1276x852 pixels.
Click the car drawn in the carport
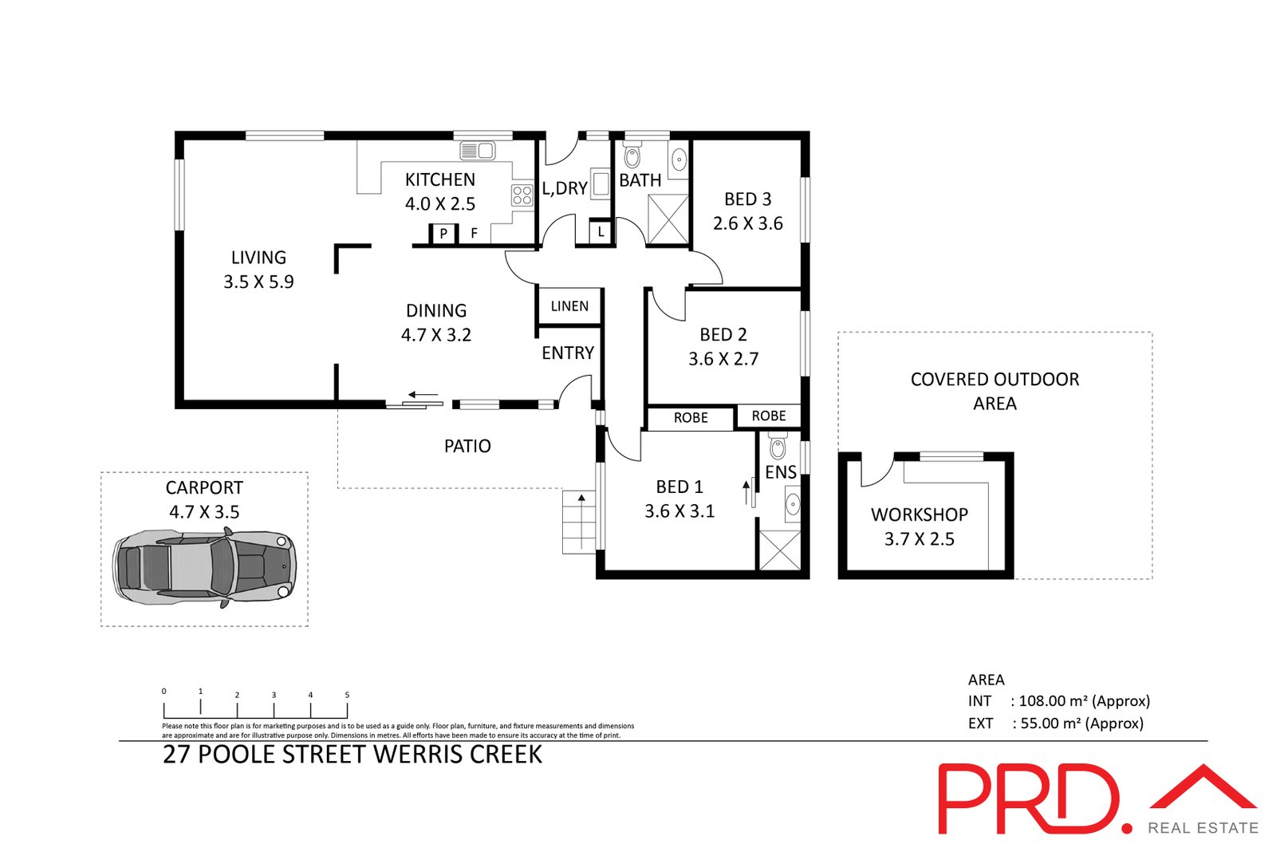click(205, 566)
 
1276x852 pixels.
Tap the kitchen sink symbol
click(478, 150)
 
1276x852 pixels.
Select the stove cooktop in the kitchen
click(522, 195)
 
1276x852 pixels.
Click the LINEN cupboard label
click(569, 306)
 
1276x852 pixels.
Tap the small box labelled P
click(443, 234)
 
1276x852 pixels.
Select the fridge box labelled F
click(475, 234)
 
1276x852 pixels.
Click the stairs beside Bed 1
click(580, 523)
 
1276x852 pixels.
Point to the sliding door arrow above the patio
click(423, 394)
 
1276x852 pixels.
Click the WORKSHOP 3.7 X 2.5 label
click(919, 527)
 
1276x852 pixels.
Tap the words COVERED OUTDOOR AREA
click(994, 391)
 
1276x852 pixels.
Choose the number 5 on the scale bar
click(347, 695)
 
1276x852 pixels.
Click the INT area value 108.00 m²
click(1053, 701)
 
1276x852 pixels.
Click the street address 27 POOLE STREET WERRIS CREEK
click(352, 755)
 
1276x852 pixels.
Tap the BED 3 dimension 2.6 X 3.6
click(747, 223)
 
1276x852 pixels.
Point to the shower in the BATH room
click(668, 219)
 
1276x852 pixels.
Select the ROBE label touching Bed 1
click(691, 418)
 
